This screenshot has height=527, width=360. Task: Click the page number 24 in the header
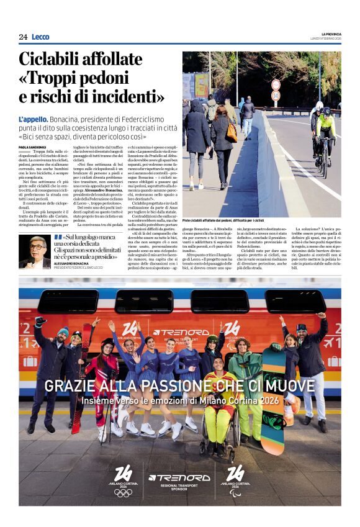(x=23, y=37)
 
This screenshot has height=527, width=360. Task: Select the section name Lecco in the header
(x=40, y=37)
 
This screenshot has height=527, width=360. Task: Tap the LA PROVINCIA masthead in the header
(x=331, y=34)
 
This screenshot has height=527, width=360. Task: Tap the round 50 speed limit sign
(x=276, y=96)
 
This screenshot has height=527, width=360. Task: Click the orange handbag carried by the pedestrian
(x=232, y=132)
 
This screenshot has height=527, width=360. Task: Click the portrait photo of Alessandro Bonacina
(x=35, y=251)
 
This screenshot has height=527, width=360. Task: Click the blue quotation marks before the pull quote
(x=58, y=237)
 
